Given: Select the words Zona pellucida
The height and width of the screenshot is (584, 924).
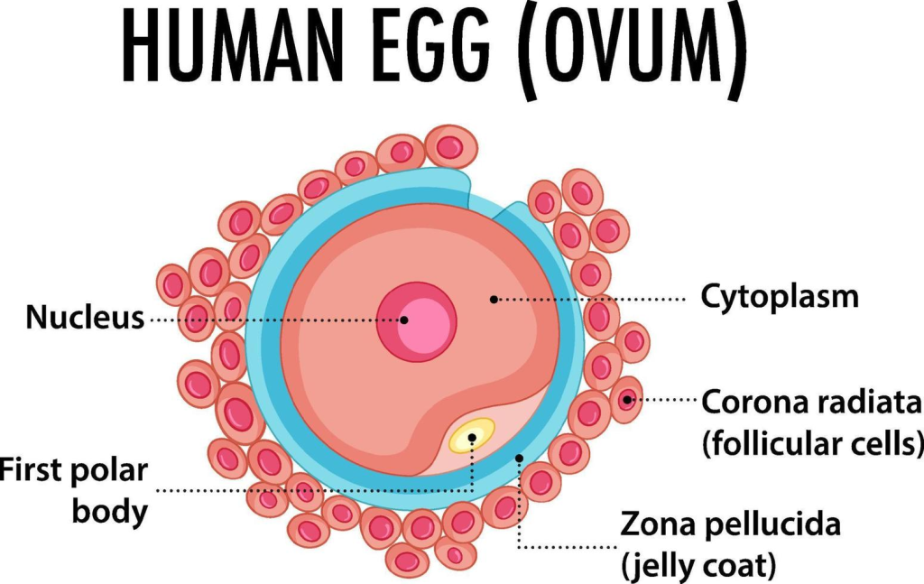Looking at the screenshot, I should (730, 524).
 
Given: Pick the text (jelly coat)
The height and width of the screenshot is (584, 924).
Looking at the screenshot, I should (698, 566).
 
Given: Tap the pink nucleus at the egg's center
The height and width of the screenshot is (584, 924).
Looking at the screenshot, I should (417, 322).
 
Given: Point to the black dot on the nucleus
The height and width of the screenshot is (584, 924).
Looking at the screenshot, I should (404, 320).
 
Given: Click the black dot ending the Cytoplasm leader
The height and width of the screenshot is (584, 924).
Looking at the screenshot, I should (493, 297).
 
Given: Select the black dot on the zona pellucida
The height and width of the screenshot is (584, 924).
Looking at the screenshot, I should (520, 459).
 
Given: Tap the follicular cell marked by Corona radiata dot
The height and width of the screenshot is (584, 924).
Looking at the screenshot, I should (627, 400).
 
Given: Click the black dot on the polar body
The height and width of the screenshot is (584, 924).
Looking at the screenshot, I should (472, 438).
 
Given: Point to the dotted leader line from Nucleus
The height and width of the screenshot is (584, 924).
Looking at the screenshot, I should (271, 320).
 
